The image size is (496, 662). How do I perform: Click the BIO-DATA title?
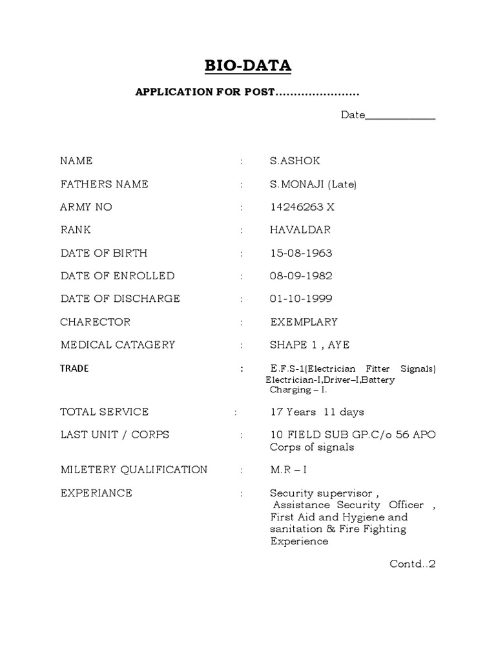[247, 65]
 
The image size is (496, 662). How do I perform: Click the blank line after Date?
[400, 117]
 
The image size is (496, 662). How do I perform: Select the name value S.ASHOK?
[294, 161]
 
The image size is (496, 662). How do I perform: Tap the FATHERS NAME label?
[104, 184]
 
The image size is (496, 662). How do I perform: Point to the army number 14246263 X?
[302, 208]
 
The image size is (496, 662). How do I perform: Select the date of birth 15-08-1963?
[301, 253]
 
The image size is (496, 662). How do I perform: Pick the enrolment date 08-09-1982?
[301, 276]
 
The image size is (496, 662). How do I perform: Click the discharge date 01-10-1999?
[301, 299]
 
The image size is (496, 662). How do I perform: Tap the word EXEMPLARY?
[304, 322]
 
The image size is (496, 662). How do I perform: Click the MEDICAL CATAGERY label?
[118, 345]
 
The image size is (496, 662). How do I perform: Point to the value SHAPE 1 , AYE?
[309, 345]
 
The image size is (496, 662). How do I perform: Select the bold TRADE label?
[74, 368]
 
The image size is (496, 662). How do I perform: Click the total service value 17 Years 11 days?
[317, 412]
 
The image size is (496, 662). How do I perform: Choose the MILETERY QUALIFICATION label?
[134, 470]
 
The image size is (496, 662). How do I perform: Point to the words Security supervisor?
[320, 493]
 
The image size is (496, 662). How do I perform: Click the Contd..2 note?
[413, 564]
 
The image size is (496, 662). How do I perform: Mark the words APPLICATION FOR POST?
[205, 92]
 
